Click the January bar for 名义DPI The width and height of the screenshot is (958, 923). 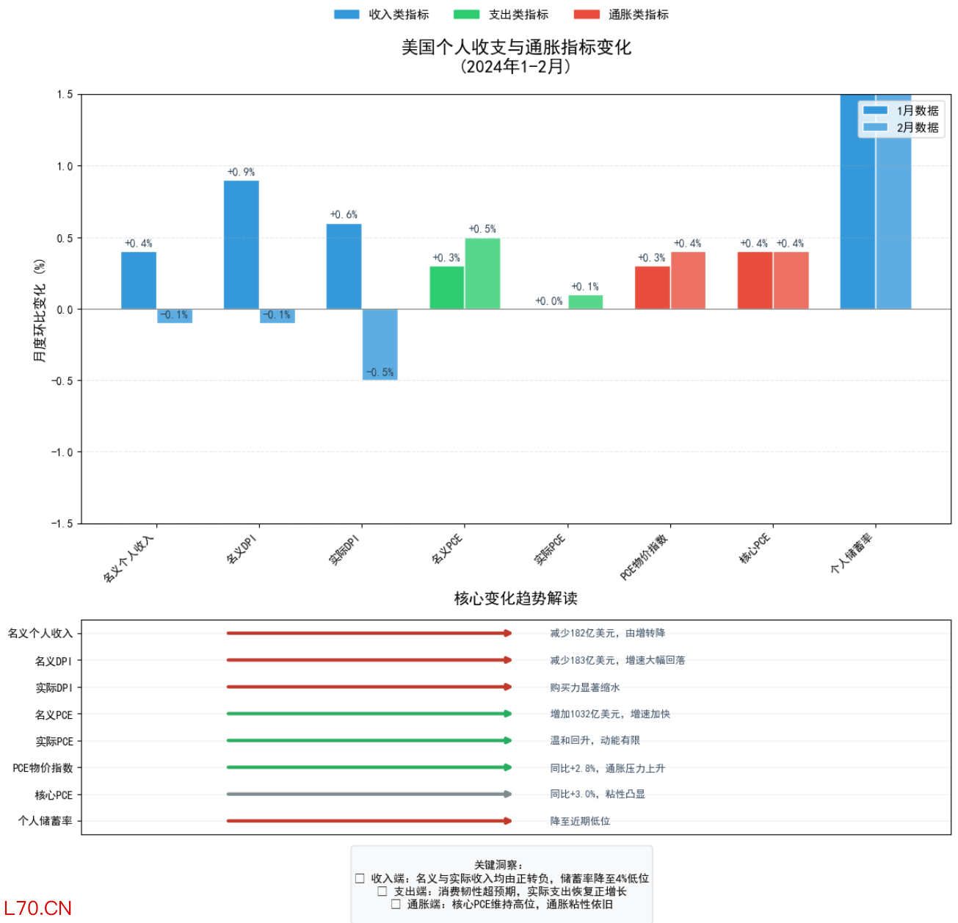241,245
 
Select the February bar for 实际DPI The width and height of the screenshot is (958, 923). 380,344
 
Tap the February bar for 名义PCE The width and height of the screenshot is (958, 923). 482,273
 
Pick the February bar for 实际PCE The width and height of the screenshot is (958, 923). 585,302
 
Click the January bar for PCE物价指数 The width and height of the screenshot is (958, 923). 652,287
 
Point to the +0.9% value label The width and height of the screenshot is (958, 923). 241,172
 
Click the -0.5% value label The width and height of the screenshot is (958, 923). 380,372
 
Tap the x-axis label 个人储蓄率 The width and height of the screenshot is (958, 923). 851,554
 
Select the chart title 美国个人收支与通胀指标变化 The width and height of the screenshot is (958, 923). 516,48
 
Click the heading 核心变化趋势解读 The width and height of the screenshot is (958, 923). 516,598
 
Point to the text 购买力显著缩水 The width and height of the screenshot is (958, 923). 585,687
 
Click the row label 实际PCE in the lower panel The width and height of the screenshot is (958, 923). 54,742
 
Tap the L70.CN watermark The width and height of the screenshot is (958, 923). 38,908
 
